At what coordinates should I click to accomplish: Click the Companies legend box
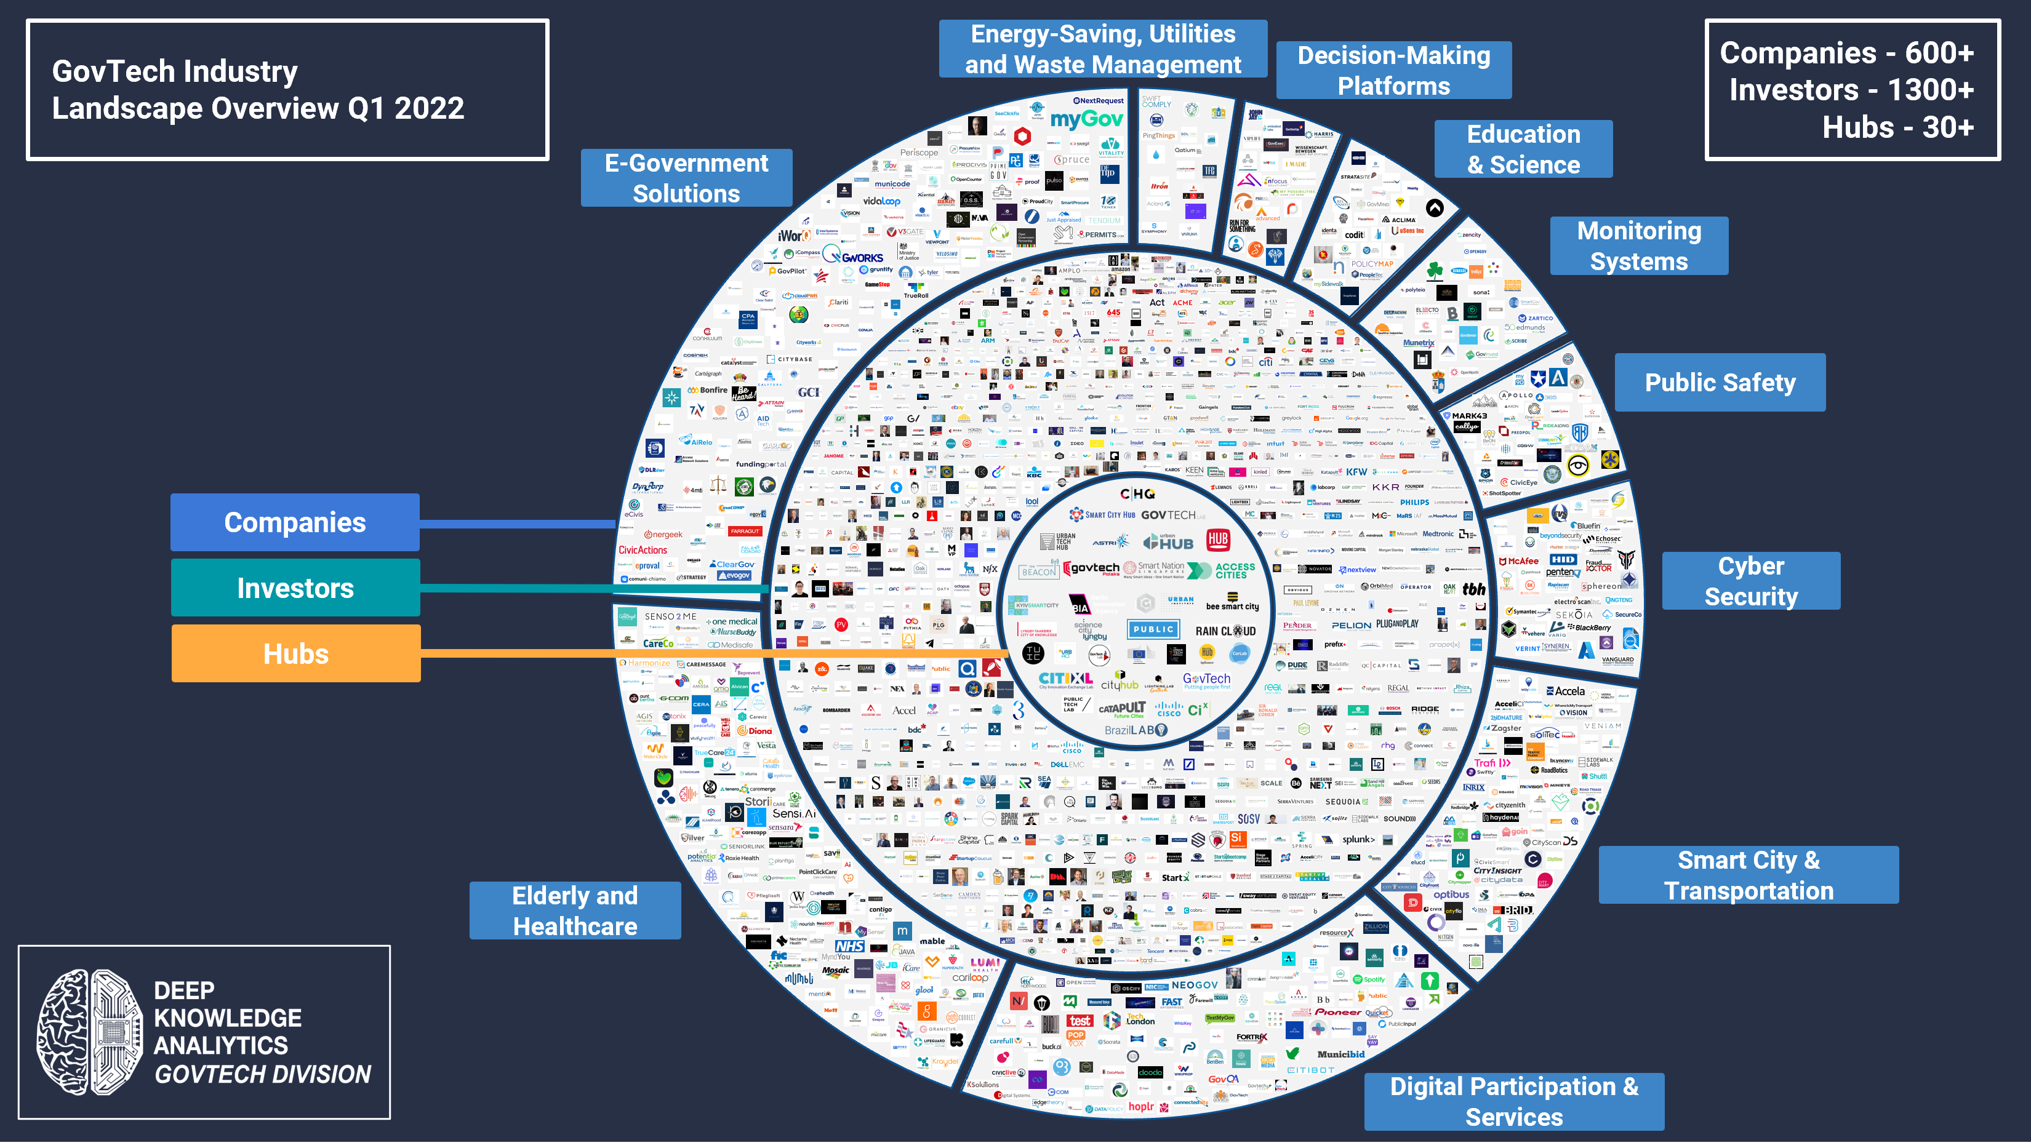pyautogui.click(x=295, y=522)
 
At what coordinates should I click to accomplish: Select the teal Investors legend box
pyautogui.click(x=295, y=588)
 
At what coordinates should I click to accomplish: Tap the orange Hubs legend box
pyautogui.click(x=296, y=653)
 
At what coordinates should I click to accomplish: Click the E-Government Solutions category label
pyautogui.click(x=686, y=178)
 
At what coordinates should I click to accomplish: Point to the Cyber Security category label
pyautogui.click(x=1751, y=581)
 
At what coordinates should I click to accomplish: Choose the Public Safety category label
pyautogui.click(x=1720, y=383)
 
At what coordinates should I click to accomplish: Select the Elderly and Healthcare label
pyautogui.click(x=575, y=911)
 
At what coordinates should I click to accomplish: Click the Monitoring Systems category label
pyautogui.click(x=1639, y=246)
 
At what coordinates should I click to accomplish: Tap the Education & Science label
pyautogui.click(x=1523, y=149)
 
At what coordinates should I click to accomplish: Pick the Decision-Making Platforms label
pyautogui.click(x=1394, y=70)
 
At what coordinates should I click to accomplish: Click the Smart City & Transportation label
pyautogui.click(x=1749, y=875)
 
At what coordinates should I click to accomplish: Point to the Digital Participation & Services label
pyautogui.click(x=1513, y=1101)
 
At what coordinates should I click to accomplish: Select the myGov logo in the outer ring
pyautogui.click(x=1086, y=120)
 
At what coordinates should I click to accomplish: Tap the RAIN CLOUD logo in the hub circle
pyautogui.click(x=1225, y=631)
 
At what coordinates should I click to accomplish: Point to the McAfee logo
pyautogui.click(x=1519, y=561)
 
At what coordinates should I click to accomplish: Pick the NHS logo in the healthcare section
pyautogui.click(x=849, y=946)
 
